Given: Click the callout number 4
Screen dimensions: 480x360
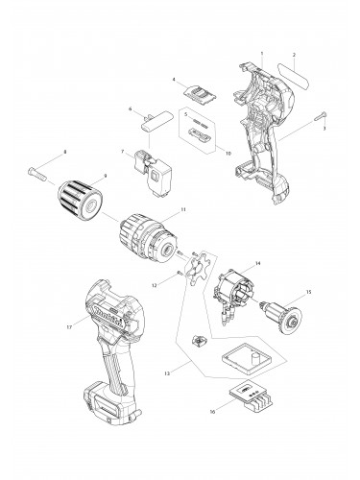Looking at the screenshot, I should coord(173,80).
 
